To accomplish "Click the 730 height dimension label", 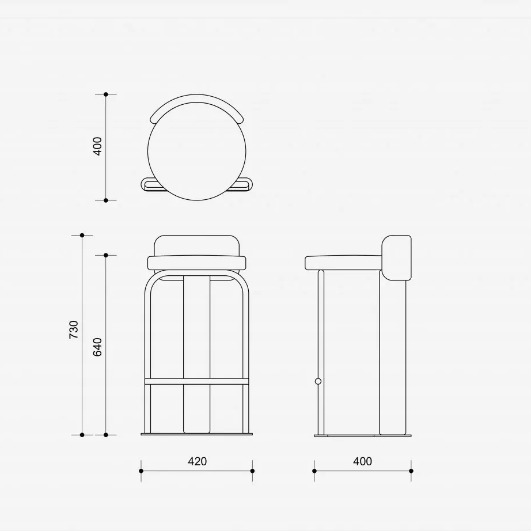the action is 74,329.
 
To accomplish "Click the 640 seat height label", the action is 97,347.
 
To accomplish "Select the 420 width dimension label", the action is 197,461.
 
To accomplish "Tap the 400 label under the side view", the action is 362,461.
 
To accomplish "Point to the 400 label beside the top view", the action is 97,146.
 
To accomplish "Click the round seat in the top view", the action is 197,151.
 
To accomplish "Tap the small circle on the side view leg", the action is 318,381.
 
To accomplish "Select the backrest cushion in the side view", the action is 397,257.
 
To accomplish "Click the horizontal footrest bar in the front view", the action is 197,382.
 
